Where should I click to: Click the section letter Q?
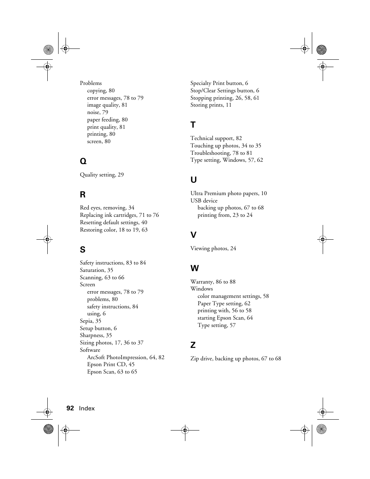coord(83,161)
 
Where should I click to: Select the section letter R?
coord(83,194)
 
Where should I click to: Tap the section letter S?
coord(83,249)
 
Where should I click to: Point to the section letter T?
coord(193,125)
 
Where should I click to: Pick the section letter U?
coord(194,180)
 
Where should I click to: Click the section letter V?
coord(193,235)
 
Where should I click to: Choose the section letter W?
coord(194,268)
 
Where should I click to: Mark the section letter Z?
coord(193,345)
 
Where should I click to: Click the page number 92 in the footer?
coord(70,408)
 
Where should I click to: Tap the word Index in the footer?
coord(87,408)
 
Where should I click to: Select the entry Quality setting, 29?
coord(102,175)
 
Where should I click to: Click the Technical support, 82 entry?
coord(216,138)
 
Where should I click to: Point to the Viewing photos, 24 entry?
coord(213,248)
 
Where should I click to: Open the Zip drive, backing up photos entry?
coord(235,358)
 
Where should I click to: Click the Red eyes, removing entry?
coord(107,208)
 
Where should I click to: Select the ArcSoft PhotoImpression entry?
coord(126,357)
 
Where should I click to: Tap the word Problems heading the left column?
coord(91,83)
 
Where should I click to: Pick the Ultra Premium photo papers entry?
coord(228,193)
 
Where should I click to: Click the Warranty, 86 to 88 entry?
coord(213,282)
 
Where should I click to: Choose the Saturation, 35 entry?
coord(97,270)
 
